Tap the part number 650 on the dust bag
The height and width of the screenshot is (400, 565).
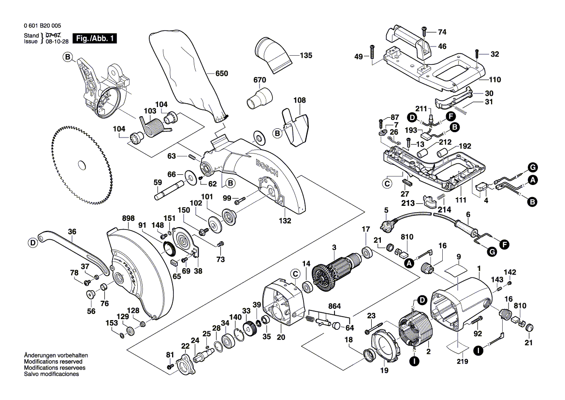pyautogui.click(x=221, y=74)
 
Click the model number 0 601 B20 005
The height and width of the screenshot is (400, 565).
pyautogui.click(x=42, y=26)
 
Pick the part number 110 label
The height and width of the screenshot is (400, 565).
pyautogui.click(x=494, y=80)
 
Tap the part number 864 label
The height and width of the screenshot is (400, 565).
pyautogui.click(x=334, y=307)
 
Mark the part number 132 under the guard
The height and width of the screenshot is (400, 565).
pyautogui.click(x=285, y=221)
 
